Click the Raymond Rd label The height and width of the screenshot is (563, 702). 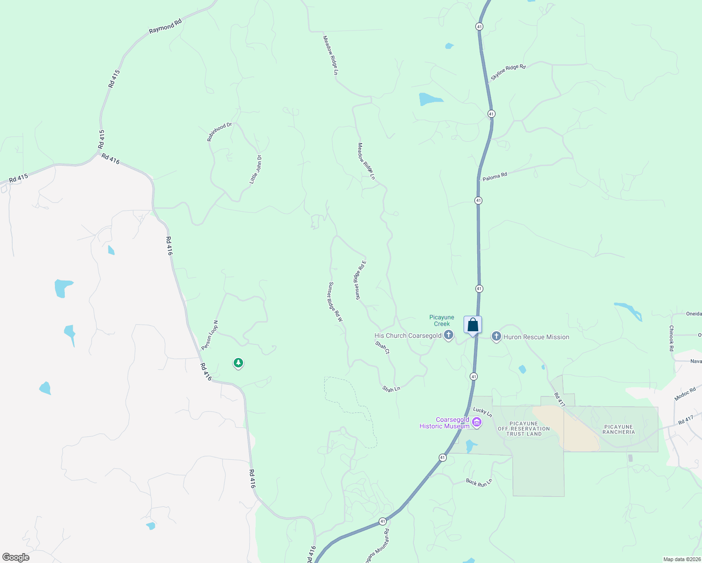(x=165, y=27)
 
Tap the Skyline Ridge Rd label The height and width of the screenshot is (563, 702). (x=508, y=72)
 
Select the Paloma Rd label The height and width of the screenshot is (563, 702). (x=495, y=177)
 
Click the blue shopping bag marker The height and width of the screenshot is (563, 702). (x=473, y=325)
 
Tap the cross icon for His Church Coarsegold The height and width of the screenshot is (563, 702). (x=449, y=335)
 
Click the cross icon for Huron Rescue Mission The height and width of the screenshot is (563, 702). (x=496, y=336)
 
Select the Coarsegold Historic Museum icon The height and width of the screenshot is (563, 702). (x=477, y=423)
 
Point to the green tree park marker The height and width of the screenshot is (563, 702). (x=238, y=363)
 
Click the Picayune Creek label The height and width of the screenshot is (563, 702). (x=442, y=320)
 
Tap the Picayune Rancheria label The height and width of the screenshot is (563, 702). (x=618, y=429)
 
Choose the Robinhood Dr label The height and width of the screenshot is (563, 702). (x=220, y=132)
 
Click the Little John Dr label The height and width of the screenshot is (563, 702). (x=256, y=169)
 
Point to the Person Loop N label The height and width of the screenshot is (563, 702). (x=210, y=335)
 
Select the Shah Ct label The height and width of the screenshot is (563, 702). (x=382, y=347)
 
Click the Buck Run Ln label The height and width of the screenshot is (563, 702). (x=479, y=482)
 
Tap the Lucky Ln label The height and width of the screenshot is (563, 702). (x=482, y=412)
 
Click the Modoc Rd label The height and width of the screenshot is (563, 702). (x=685, y=394)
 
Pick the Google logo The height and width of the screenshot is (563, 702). (x=15, y=557)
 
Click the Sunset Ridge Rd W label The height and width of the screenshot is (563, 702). (x=336, y=302)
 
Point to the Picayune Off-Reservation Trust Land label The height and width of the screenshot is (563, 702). (x=524, y=429)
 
